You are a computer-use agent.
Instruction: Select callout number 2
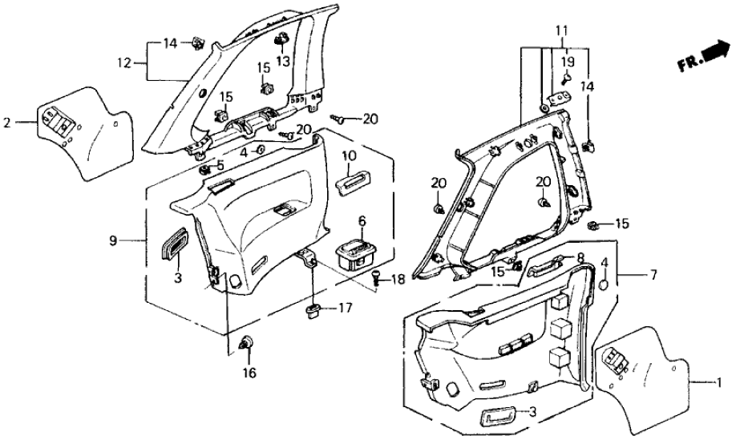coord(6,123)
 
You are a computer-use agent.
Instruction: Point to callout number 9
coord(114,240)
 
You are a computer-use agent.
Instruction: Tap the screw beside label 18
coord(378,277)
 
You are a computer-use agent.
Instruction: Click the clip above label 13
coord(283,40)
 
